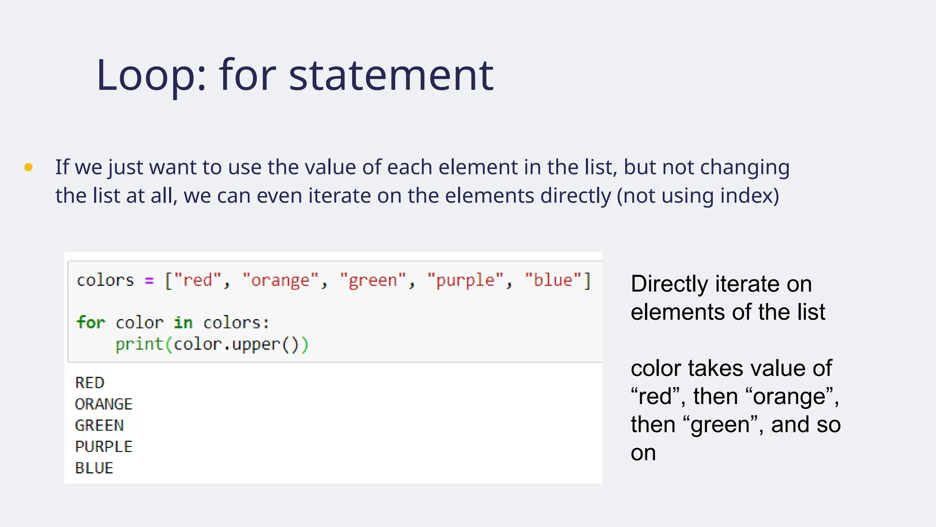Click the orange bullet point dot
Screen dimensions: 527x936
coord(28,167)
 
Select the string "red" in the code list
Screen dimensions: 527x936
coord(197,280)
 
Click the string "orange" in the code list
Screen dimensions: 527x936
coord(280,280)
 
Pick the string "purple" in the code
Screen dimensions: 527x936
coord(465,280)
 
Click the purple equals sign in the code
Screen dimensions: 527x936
coord(149,280)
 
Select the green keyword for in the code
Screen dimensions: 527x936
coord(91,323)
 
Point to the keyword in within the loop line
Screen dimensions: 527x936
coord(183,323)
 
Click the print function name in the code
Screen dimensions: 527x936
coord(139,344)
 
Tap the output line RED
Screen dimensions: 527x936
coord(90,382)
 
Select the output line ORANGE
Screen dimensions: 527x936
coord(104,404)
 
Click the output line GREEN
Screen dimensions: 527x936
coord(99,425)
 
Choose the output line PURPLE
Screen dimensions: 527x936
coord(104,446)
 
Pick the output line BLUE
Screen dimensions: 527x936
coord(94,468)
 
